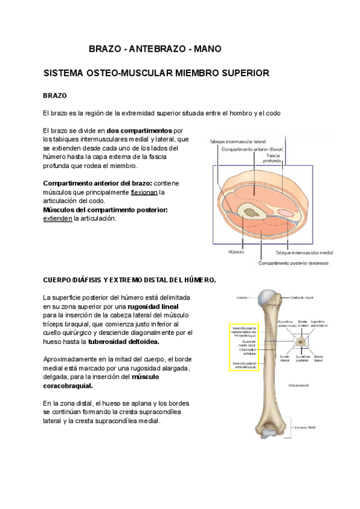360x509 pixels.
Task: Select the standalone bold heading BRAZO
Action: tap(55, 95)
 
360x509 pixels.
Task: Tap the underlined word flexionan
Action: tap(144, 192)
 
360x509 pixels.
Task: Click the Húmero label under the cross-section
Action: tap(236, 253)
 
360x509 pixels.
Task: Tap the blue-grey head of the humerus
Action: tap(266, 296)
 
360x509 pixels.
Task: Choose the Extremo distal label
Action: tap(305, 428)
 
